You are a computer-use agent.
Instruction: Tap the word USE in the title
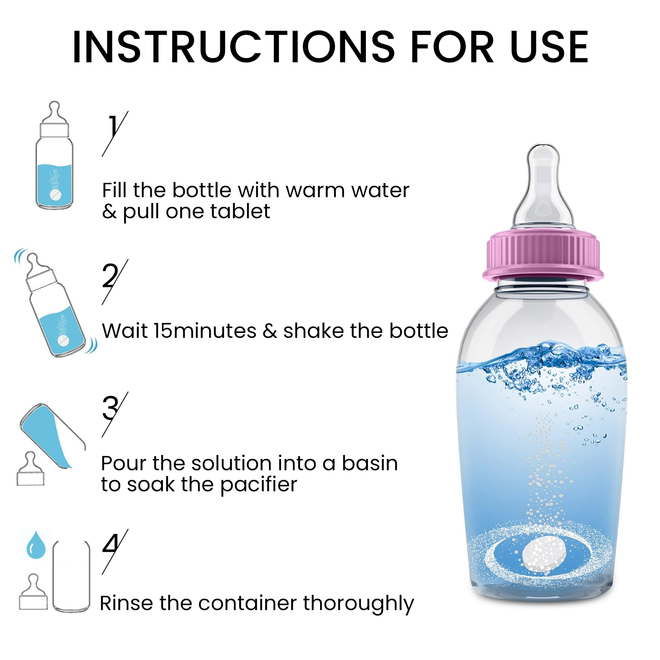(549, 47)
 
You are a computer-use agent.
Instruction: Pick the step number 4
(110, 544)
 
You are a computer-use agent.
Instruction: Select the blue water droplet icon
(36, 545)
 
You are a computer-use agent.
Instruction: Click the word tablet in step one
(240, 212)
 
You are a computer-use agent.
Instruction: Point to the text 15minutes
(205, 331)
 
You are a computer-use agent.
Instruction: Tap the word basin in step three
(370, 463)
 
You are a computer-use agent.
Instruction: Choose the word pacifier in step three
(259, 485)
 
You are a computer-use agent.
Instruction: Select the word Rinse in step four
(127, 603)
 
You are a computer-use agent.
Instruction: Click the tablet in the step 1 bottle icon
(55, 195)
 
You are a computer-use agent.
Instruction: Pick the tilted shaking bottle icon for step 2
(56, 305)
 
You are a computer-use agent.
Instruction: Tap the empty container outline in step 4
(71, 576)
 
